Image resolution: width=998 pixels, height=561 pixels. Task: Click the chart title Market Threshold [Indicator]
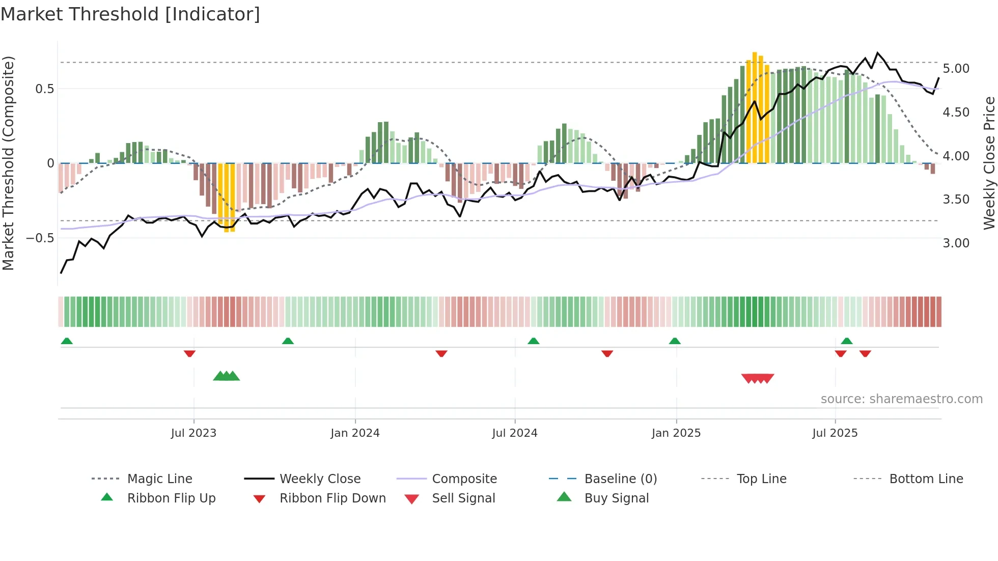click(x=130, y=14)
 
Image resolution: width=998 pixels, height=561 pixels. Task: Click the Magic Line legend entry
click(x=159, y=479)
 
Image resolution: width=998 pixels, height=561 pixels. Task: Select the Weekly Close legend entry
click(x=320, y=479)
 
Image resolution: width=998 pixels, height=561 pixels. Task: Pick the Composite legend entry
click(x=464, y=479)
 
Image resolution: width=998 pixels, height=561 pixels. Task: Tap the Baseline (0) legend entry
click(x=620, y=479)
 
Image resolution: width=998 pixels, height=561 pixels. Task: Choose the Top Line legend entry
click(x=761, y=479)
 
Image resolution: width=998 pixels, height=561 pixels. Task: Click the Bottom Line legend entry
click(x=926, y=479)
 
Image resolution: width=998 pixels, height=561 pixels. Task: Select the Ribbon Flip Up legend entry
click(x=171, y=498)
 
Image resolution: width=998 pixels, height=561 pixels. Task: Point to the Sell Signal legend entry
click(x=463, y=498)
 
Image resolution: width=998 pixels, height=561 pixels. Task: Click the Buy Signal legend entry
click(x=616, y=498)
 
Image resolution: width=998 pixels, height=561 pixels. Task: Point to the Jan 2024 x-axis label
click(x=355, y=433)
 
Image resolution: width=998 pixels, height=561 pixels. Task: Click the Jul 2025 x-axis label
click(x=835, y=433)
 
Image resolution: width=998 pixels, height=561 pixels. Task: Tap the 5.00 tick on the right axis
click(x=956, y=69)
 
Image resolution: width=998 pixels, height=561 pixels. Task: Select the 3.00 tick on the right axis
click(x=956, y=243)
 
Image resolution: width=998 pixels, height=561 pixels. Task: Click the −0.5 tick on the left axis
click(x=40, y=238)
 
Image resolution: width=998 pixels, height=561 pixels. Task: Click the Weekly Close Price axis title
click(x=989, y=163)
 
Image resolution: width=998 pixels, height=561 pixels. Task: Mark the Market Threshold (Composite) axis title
click(x=8, y=163)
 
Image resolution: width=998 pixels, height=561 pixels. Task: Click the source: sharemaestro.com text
click(x=901, y=399)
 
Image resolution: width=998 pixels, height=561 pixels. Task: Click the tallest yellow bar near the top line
click(x=755, y=107)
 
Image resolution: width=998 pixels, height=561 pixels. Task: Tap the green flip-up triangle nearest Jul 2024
click(x=533, y=341)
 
